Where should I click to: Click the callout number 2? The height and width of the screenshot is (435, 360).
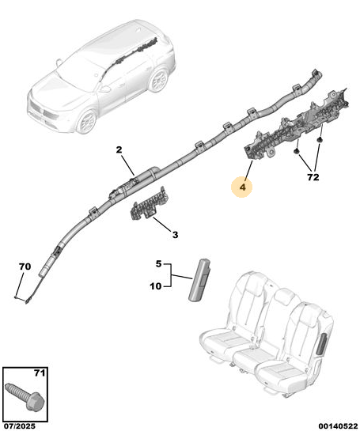click(x=119, y=150)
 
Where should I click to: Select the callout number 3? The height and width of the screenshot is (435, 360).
click(x=175, y=235)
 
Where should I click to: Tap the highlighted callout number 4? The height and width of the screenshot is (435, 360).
click(x=243, y=187)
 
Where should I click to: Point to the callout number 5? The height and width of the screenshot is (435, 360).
click(x=158, y=264)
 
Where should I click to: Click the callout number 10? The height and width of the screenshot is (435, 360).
click(x=156, y=286)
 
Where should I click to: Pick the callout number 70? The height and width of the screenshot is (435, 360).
click(x=25, y=267)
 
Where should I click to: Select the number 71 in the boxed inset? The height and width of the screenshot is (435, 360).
click(x=40, y=373)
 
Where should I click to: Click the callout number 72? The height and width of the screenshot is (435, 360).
click(x=313, y=177)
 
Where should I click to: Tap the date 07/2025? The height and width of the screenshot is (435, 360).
click(x=20, y=426)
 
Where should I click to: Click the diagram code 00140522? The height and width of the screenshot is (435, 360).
click(x=338, y=426)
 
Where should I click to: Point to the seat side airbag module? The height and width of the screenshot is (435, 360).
click(x=199, y=280)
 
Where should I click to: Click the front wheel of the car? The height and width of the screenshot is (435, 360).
click(x=87, y=121)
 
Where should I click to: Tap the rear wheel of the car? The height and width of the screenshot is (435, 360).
click(x=159, y=80)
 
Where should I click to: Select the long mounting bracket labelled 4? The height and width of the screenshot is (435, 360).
click(x=296, y=124)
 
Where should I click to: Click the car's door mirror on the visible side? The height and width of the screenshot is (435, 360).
click(x=105, y=89)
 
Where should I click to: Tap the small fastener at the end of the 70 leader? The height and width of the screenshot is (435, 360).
click(x=16, y=297)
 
